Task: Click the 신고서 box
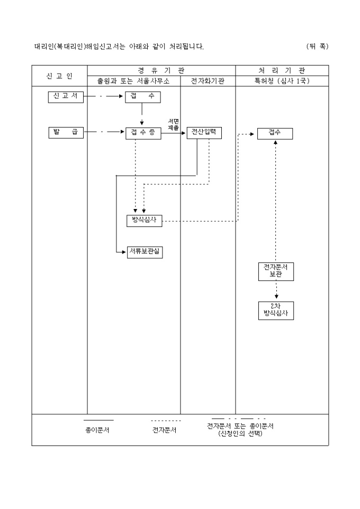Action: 66,97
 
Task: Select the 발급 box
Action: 66,132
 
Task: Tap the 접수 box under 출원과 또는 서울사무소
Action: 143,97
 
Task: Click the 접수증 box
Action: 143,133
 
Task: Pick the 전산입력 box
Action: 204,133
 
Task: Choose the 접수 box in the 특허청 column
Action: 275,133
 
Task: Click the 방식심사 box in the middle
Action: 143,221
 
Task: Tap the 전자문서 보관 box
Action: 275,271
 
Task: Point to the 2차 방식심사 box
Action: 275,311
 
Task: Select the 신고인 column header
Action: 59,76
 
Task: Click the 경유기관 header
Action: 161,70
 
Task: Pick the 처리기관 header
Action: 282,70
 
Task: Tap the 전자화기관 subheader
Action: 208,81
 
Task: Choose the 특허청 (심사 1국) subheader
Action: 282,81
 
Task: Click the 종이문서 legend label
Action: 97,430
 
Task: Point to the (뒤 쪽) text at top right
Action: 317,47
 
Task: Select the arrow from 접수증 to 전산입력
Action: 174,133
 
